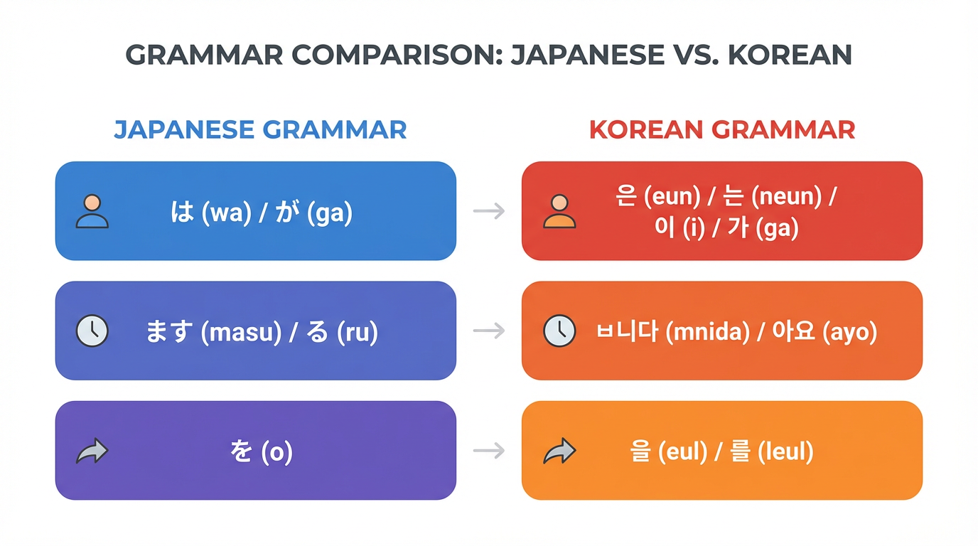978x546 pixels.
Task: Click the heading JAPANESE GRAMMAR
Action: (x=260, y=130)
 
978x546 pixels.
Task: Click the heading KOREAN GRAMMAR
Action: (x=722, y=130)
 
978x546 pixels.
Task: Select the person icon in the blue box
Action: (x=92, y=211)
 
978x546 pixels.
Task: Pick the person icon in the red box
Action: (x=559, y=211)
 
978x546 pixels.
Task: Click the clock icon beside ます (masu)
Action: (x=92, y=331)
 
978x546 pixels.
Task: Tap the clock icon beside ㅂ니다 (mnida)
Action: (x=559, y=331)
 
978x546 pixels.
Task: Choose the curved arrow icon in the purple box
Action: (x=92, y=451)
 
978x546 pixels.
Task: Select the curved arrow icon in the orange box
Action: (x=559, y=451)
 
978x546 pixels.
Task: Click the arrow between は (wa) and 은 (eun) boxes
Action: (x=489, y=211)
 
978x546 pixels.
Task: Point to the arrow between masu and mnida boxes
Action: (x=489, y=331)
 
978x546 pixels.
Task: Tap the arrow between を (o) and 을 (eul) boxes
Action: (x=489, y=451)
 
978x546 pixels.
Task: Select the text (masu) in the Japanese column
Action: (x=242, y=333)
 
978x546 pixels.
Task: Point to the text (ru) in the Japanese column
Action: (x=358, y=333)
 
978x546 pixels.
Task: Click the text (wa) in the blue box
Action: (x=227, y=213)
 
